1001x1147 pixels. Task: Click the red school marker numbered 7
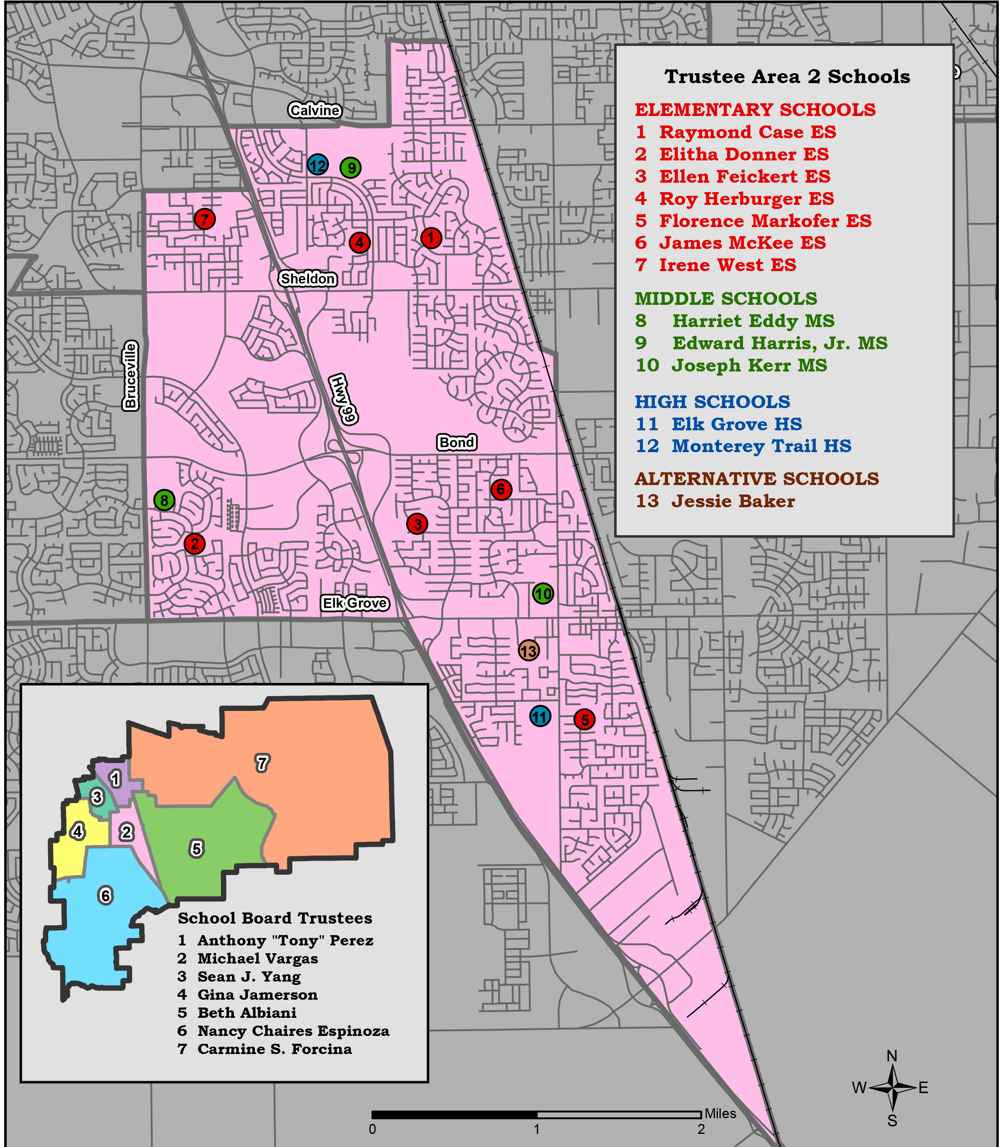205,219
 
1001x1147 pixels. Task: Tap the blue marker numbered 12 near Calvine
317,165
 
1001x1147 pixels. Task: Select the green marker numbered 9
350,167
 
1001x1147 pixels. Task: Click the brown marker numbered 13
528,650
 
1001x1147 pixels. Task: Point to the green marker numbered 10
543,594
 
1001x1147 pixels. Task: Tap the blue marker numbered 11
540,716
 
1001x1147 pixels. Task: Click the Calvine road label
314,110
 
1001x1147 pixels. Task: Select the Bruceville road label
130,376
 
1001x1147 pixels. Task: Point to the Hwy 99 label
343,399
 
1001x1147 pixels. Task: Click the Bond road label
456,442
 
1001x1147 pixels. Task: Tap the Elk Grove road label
355,603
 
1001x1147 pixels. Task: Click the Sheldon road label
308,278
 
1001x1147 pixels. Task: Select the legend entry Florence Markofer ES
765,221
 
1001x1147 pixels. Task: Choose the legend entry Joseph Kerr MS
749,365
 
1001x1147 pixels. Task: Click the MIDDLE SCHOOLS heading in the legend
726,299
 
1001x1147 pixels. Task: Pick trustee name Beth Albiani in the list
246,1012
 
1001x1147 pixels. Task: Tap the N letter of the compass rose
892,1056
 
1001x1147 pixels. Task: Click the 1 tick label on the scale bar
536,1129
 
